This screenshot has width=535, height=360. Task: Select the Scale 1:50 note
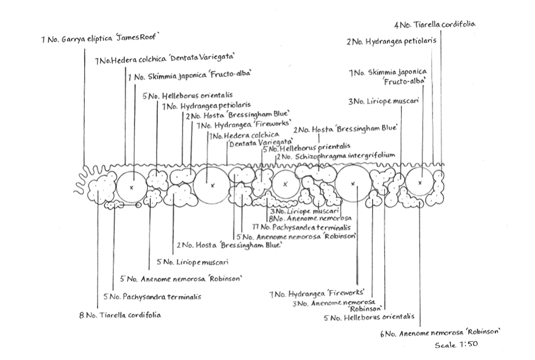point(456,344)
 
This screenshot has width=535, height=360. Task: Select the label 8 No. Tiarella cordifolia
point(120,315)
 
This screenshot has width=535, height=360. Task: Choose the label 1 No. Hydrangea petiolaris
point(206,105)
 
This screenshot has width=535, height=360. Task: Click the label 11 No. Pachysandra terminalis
point(301,228)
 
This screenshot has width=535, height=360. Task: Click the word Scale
point(446,345)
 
